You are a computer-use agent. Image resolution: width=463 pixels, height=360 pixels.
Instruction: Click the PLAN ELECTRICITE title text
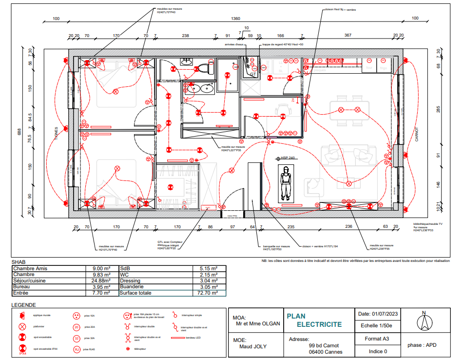point(314,320)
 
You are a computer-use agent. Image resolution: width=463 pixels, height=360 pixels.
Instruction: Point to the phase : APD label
point(422,345)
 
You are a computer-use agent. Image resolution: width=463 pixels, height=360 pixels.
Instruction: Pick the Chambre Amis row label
point(30,269)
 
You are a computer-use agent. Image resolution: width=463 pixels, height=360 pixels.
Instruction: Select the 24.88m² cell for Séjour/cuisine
point(100,281)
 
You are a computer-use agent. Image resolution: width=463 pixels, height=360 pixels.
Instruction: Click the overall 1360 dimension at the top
point(235,19)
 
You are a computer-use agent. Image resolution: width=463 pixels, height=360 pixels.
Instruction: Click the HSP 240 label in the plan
point(288,158)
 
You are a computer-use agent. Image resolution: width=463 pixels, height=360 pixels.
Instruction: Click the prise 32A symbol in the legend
point(77,339)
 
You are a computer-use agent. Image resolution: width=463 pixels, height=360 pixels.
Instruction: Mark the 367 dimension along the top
point(347,36)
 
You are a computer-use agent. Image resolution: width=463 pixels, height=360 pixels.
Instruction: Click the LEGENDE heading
point(23,304)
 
